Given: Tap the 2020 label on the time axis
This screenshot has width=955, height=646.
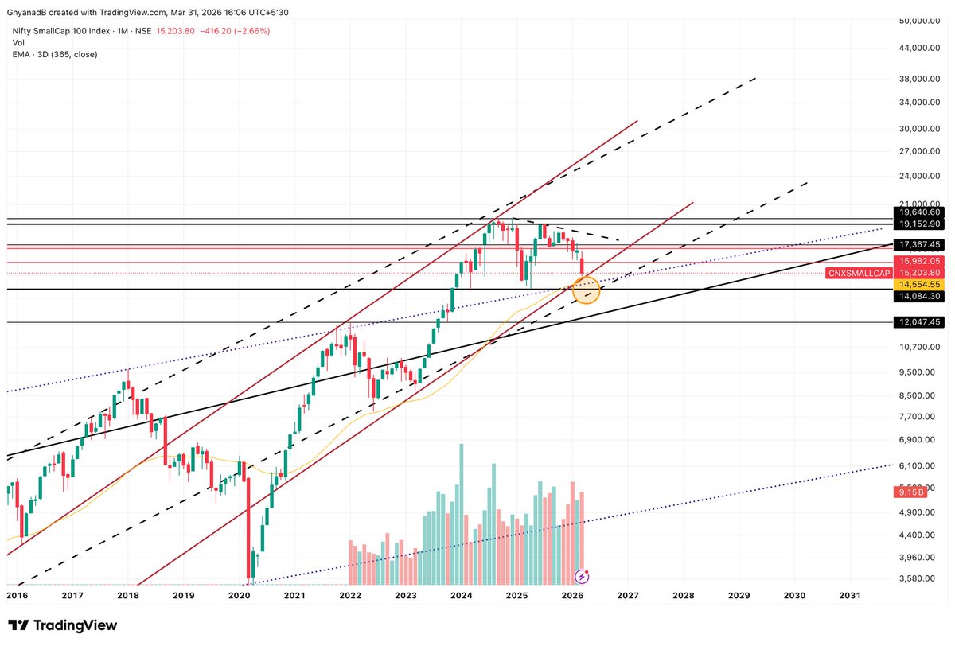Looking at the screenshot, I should pyautogui.click(x=239, y=595).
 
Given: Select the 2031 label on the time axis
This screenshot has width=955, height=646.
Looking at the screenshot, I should pyautogui.click(x=849, y=595).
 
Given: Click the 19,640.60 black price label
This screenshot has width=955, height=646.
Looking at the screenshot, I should pyautogui.click(x=919, y=212).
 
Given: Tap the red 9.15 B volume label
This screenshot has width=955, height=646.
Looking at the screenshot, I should pyautogui.click(x=908, y=493).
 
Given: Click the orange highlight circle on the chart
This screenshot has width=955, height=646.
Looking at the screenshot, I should pyautogui.click(x=586, y=290).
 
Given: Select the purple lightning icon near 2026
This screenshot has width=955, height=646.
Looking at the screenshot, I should pyautogui.click(x=583, y=574).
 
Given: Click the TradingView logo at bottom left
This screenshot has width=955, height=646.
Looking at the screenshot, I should pyautogui.click(x=62, y=625).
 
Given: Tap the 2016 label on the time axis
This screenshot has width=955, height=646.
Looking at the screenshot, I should pyautogui.click(x=17, y=595).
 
